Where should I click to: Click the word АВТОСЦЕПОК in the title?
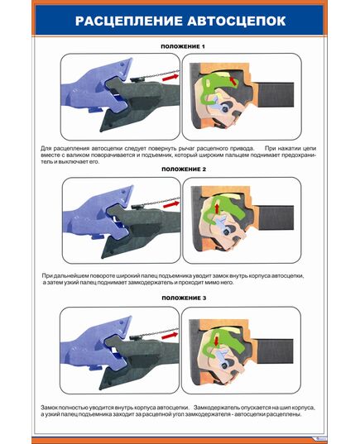coord(237,21)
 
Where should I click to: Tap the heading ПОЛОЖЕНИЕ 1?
coord(183,46)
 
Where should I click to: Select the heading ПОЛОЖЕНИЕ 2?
coord(184,169)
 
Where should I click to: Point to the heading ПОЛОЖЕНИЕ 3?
coord(184,298)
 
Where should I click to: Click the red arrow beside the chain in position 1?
coord(170,77)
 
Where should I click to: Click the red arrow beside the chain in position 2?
coord(171,204)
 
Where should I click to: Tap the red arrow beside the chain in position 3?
coord(170,336)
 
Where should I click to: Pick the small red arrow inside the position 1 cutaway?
coord(233,81)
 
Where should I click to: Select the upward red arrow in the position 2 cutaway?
coord(217,208)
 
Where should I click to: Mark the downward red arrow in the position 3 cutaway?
coord(217,341)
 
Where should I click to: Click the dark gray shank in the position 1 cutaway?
coord(276,95)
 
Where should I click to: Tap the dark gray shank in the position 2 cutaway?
coord(276,217)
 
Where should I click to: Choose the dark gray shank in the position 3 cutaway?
coord(276,351)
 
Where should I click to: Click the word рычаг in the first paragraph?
coord(186,148)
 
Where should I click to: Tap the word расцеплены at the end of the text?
coord(286,414)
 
